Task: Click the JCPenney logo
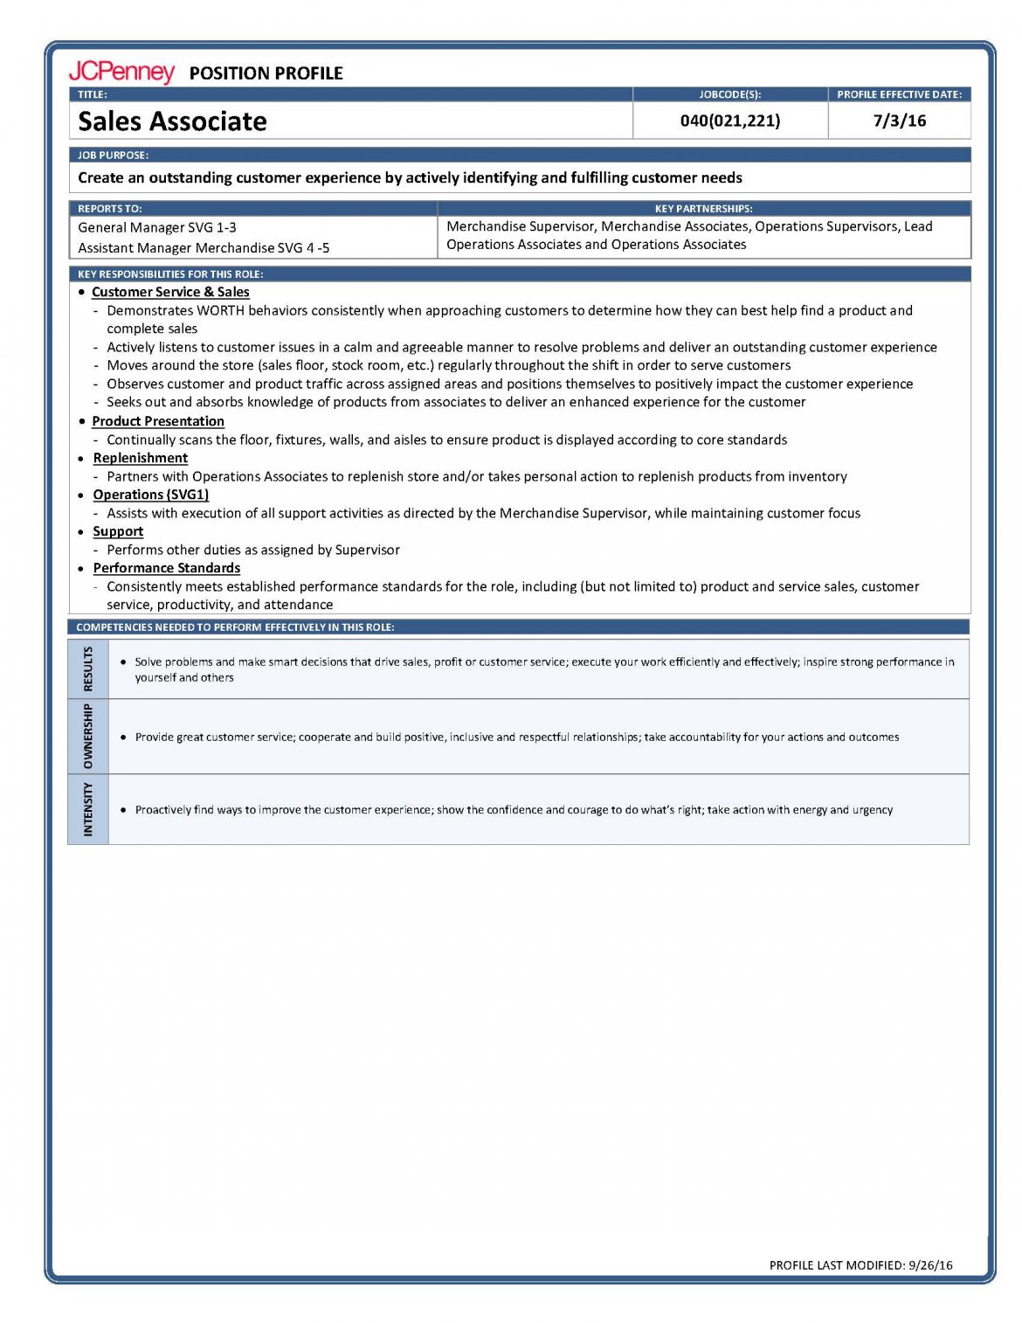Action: [x=121, y=72]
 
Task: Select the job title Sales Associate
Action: [x=172, y=121]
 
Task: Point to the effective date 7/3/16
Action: [x=899, y=121]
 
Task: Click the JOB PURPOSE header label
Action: [x=113, y=155]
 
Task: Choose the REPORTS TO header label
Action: [x=109, y=209]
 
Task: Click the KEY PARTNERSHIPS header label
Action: [x=703, y=209]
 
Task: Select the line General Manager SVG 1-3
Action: [x=157, y=227]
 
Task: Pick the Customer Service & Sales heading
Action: [x=170, y=292]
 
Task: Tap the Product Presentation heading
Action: [x=158, y=421]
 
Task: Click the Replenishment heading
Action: [x=141, y=458]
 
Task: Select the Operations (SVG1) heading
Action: [x=151, y=495]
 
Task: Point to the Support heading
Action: [x=118, y=531]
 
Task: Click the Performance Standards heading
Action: [x=167, y=568]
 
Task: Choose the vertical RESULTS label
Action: [x=88, y=668]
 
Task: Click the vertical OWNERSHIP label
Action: [x=88, y=737]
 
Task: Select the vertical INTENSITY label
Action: [x=88, y=809]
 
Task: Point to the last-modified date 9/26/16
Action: [x=930, y=1264]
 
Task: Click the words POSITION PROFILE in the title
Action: [x=266, y=73]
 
